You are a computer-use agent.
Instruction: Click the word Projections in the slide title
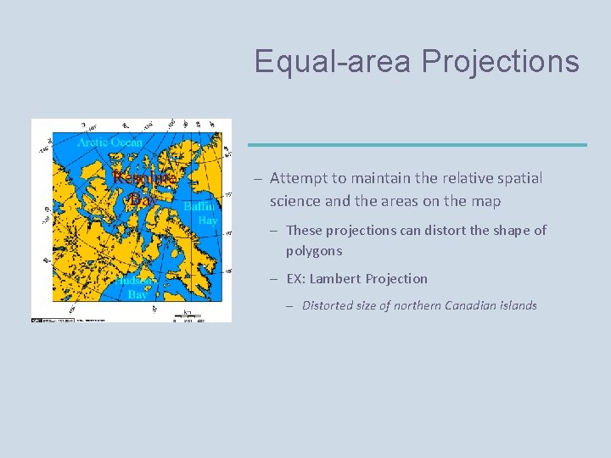500,62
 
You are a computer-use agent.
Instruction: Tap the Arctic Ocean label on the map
110,142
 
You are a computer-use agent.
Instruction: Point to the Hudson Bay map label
136,288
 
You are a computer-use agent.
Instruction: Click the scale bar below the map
186,317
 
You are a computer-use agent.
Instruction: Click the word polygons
314,250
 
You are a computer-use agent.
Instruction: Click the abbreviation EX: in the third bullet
297,278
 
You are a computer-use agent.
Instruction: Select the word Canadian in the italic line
468,305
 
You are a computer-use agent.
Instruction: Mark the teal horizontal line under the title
417,145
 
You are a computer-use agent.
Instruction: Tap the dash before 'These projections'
275,231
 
